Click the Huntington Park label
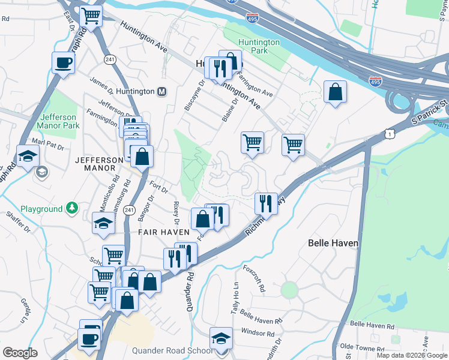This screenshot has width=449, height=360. [259, 47]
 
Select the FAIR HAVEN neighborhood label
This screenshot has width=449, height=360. [164, 232]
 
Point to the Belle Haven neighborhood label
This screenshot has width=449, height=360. [333, 243]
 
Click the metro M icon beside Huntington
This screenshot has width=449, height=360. [161, 92]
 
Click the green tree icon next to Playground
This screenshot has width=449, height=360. [72, 209]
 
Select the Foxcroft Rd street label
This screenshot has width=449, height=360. [254, 278]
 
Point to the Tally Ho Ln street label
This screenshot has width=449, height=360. [236, 292]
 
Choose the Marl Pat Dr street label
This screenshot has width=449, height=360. [48, 145]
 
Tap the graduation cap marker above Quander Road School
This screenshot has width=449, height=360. [221, 337]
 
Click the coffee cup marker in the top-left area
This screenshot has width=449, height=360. [63, 62]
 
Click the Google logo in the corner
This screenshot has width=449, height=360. [20, 353]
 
